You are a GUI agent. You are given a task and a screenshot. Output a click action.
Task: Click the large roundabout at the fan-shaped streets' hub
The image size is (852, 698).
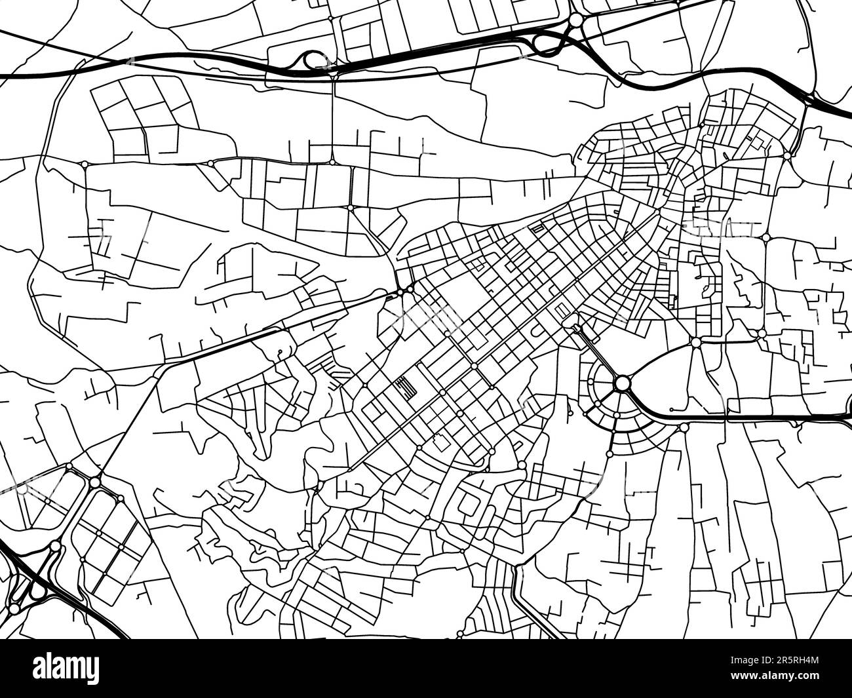622,382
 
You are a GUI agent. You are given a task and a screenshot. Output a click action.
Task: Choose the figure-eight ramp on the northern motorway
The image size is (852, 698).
548,43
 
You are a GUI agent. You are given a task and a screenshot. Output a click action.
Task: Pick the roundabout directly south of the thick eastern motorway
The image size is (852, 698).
684,428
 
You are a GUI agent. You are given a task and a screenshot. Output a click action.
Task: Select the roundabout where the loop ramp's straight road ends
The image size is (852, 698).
332,161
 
